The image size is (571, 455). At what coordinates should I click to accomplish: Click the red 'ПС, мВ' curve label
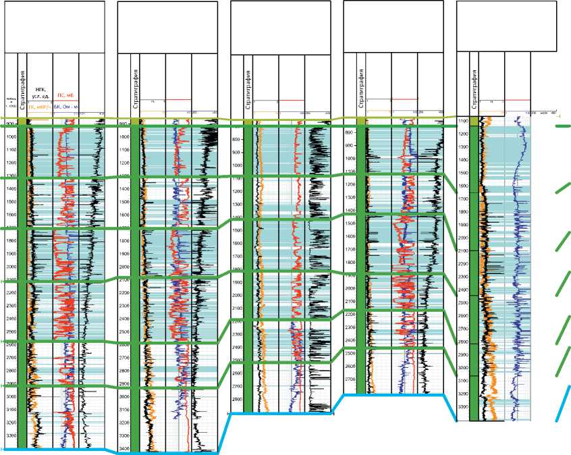[65, 95]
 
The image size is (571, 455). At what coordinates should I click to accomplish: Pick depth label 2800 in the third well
[237, 399]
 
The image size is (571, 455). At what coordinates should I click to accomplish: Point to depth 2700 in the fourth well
[350, 379]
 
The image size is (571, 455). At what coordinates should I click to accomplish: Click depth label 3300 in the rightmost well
[463, 407]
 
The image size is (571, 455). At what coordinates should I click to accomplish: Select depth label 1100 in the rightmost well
[463, 121]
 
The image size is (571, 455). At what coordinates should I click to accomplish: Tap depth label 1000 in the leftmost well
[11, 137]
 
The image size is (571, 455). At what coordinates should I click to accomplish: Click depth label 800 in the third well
[237, 139]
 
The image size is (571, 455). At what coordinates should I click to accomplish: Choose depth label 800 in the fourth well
[350, 133]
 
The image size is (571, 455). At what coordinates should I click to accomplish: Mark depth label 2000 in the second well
[124, 267]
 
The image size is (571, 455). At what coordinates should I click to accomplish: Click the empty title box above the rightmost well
[506, 25]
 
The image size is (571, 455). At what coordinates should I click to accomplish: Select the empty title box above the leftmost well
[54, 27]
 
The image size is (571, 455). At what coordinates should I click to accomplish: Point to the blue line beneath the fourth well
[391, 396]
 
